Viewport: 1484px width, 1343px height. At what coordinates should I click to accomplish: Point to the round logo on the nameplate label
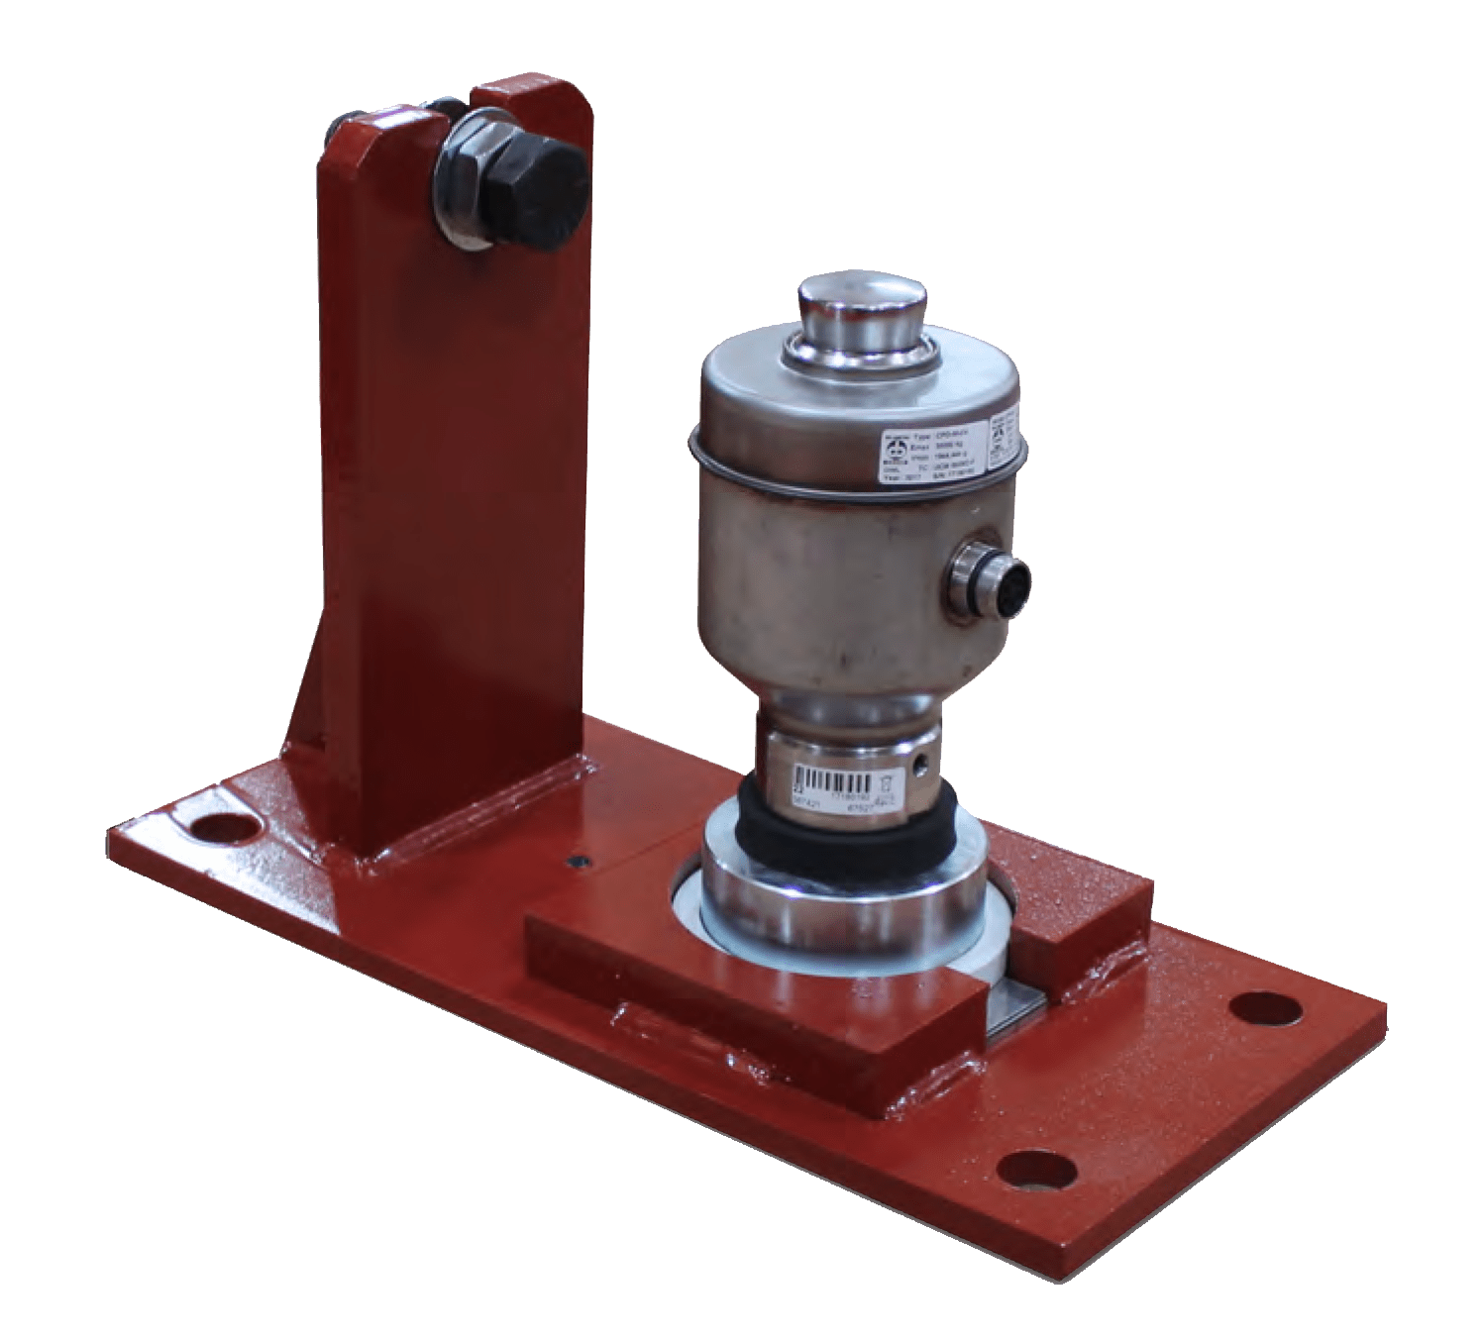[896, 458]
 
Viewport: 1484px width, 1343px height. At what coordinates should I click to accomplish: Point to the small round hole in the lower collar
[922, 764]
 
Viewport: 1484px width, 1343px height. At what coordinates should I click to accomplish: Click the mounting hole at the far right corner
[1264, 1009]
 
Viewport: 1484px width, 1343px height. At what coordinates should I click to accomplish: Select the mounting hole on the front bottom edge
[1036, 1170]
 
